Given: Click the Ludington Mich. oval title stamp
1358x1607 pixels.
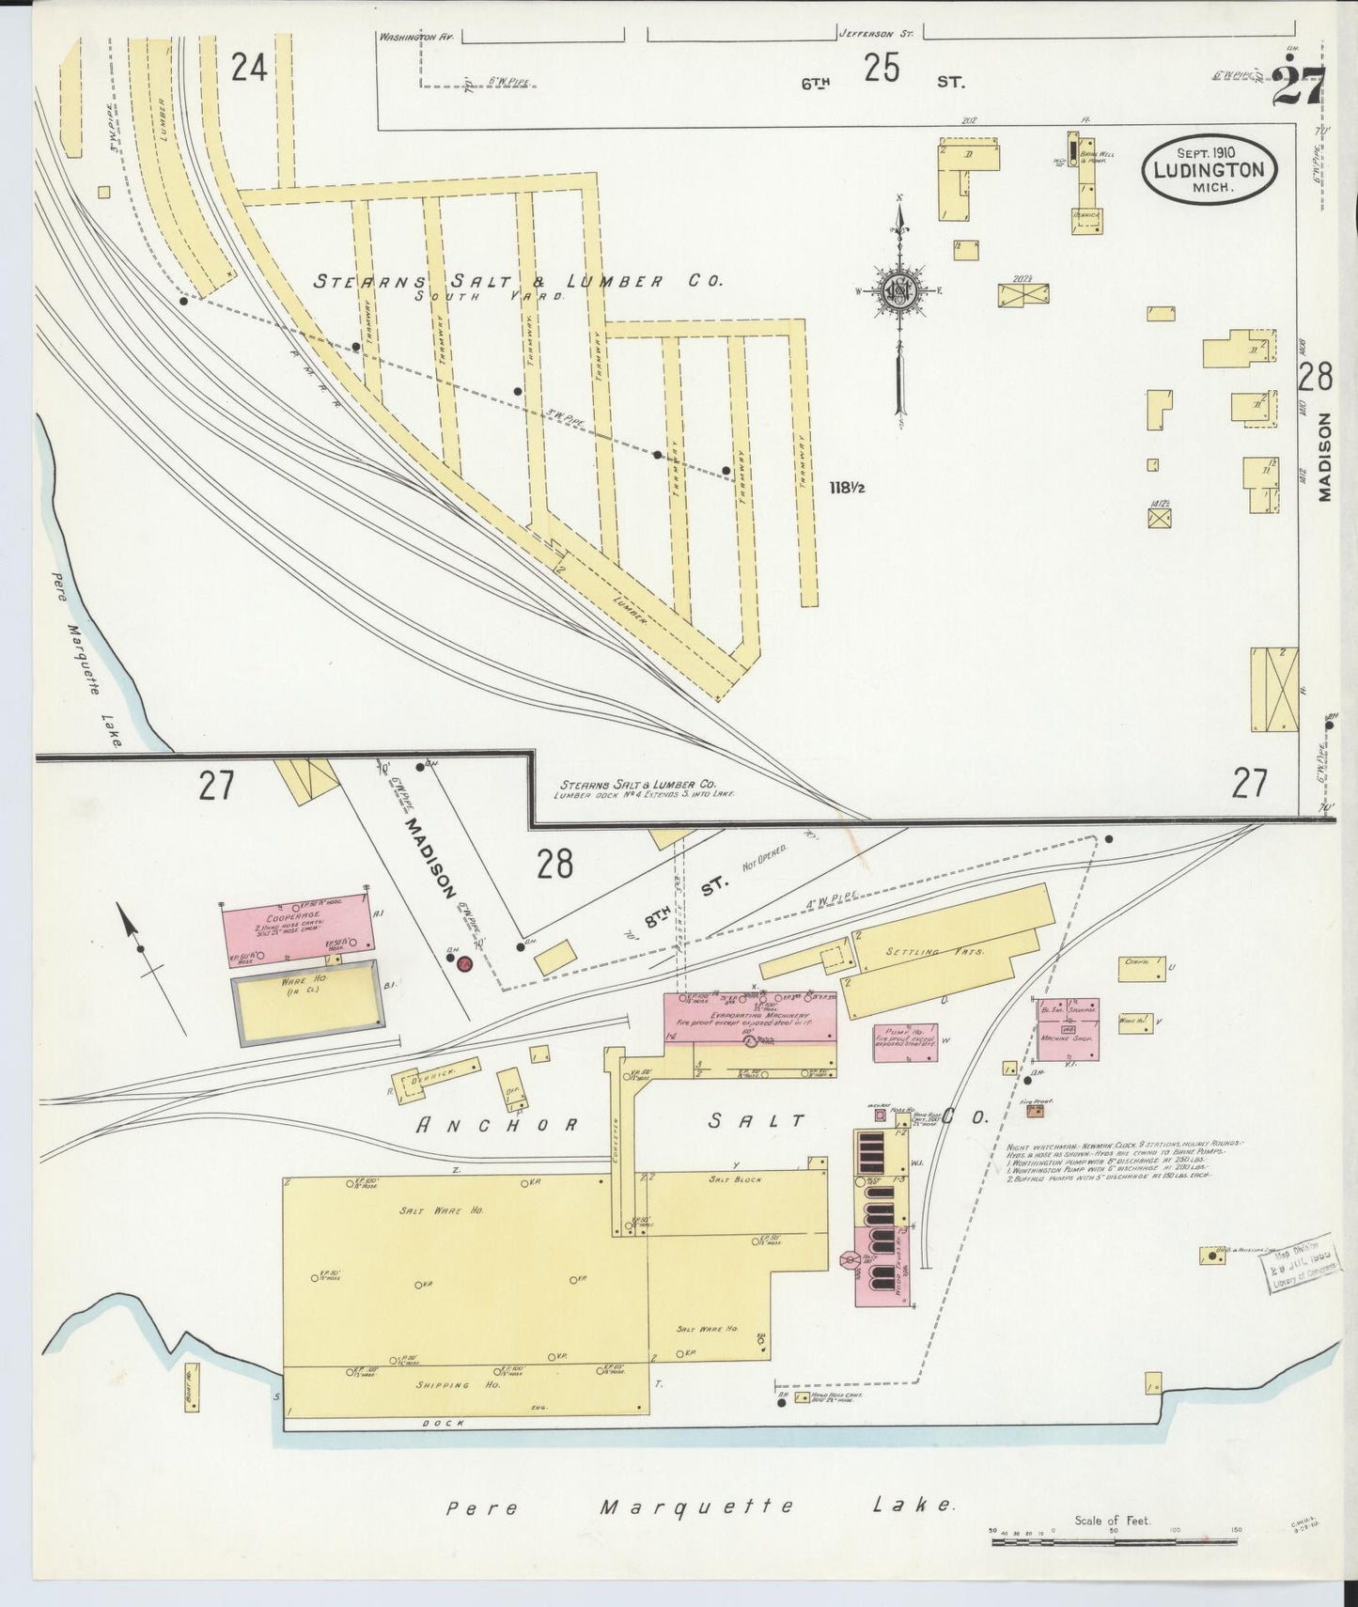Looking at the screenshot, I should pyautogui.click(x=1210, y=170).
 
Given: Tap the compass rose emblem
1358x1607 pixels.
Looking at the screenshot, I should pyautogui.click(x=899, y=290).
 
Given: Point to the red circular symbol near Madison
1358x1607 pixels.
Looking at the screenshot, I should pyautogui.click(x=463, y=961).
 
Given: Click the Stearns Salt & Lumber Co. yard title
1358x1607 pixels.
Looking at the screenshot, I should pyautogui.click(x=517, y=280).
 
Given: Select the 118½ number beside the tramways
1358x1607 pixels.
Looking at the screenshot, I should pyautogui.click(x=846, y=488).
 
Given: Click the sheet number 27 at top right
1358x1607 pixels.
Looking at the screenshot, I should pyautogui.click(x=1300, y=87).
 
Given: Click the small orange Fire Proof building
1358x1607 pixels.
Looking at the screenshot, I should pyautogui.click(x=1035, y=1112).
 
